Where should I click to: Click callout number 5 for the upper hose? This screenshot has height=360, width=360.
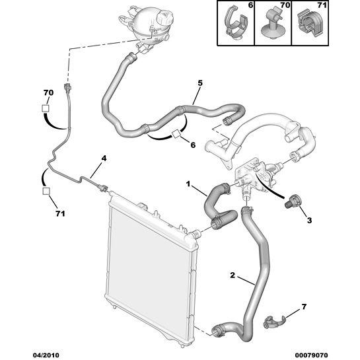click(200, 83)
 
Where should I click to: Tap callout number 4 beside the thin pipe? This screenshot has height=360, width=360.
click(104, 158)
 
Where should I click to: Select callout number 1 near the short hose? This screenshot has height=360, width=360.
click(188, 184)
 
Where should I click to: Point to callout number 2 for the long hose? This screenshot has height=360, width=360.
click(233, 275)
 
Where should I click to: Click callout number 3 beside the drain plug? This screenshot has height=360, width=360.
click(309, 221)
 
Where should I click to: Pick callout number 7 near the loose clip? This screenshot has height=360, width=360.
click(304, 306)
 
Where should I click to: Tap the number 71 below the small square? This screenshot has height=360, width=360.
click(60, 214)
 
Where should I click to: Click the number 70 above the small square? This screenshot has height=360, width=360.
click(48, 92)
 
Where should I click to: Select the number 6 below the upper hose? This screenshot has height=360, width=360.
click(193, 145)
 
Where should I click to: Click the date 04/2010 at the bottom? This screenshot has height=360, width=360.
click(46, 355)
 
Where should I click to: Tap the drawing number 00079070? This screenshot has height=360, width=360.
click(311, 355)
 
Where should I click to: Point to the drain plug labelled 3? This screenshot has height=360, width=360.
click(290, 201)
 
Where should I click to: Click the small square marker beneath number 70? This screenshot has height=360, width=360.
click(46, 108)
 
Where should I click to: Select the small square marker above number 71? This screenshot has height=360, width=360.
click(46, 191)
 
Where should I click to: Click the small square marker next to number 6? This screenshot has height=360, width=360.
click(176, 134)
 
